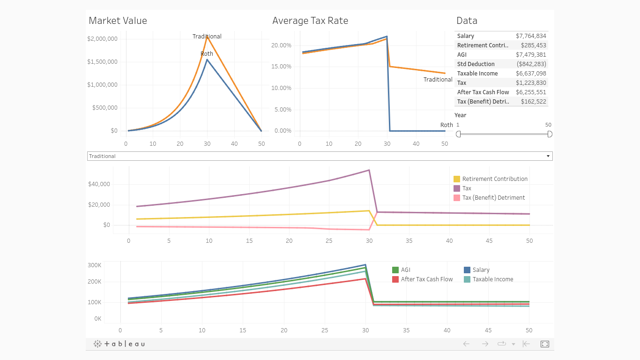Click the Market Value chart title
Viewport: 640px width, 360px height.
118,21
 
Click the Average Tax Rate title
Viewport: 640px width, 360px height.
310,21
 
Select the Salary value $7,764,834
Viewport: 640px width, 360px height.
531,36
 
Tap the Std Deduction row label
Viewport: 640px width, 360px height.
476,64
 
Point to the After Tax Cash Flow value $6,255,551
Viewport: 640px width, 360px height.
531,92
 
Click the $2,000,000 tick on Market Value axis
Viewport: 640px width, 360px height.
102,39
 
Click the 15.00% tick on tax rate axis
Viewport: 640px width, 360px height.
281,67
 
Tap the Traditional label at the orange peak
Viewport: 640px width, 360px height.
207,37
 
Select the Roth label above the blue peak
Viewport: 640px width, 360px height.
207,54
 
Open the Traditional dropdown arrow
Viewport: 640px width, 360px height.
548,156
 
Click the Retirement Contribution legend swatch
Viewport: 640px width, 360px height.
457,179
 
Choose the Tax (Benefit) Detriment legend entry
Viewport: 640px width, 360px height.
493,198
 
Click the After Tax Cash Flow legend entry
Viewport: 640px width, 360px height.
427,279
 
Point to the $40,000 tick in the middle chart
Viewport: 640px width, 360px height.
99,184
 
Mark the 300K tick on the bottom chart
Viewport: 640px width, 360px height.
95,265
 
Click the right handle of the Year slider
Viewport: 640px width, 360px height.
550,134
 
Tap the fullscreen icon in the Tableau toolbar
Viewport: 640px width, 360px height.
544,344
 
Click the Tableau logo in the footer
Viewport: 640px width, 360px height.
119,344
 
